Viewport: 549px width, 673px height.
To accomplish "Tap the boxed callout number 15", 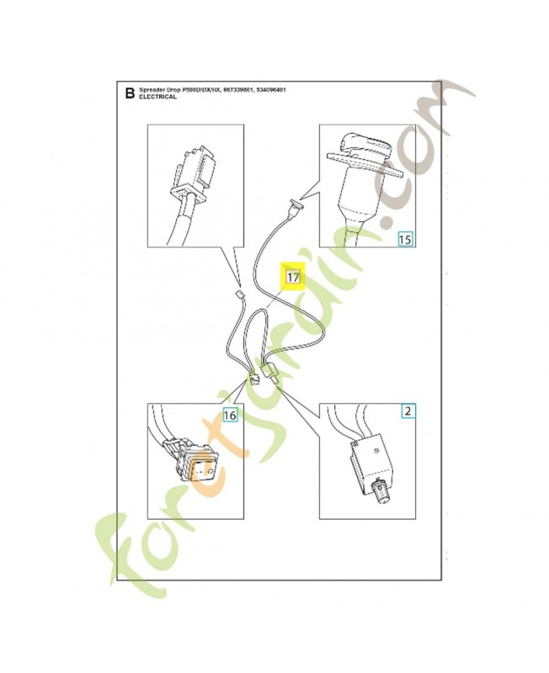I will coord(405,239).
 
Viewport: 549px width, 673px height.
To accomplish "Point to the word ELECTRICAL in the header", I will coord(158,98).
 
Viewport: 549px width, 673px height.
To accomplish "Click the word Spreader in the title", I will coord(152,89).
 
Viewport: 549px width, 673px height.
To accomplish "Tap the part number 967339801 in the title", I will coord(235,89).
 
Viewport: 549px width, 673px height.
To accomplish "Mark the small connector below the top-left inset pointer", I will coord(238,295).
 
